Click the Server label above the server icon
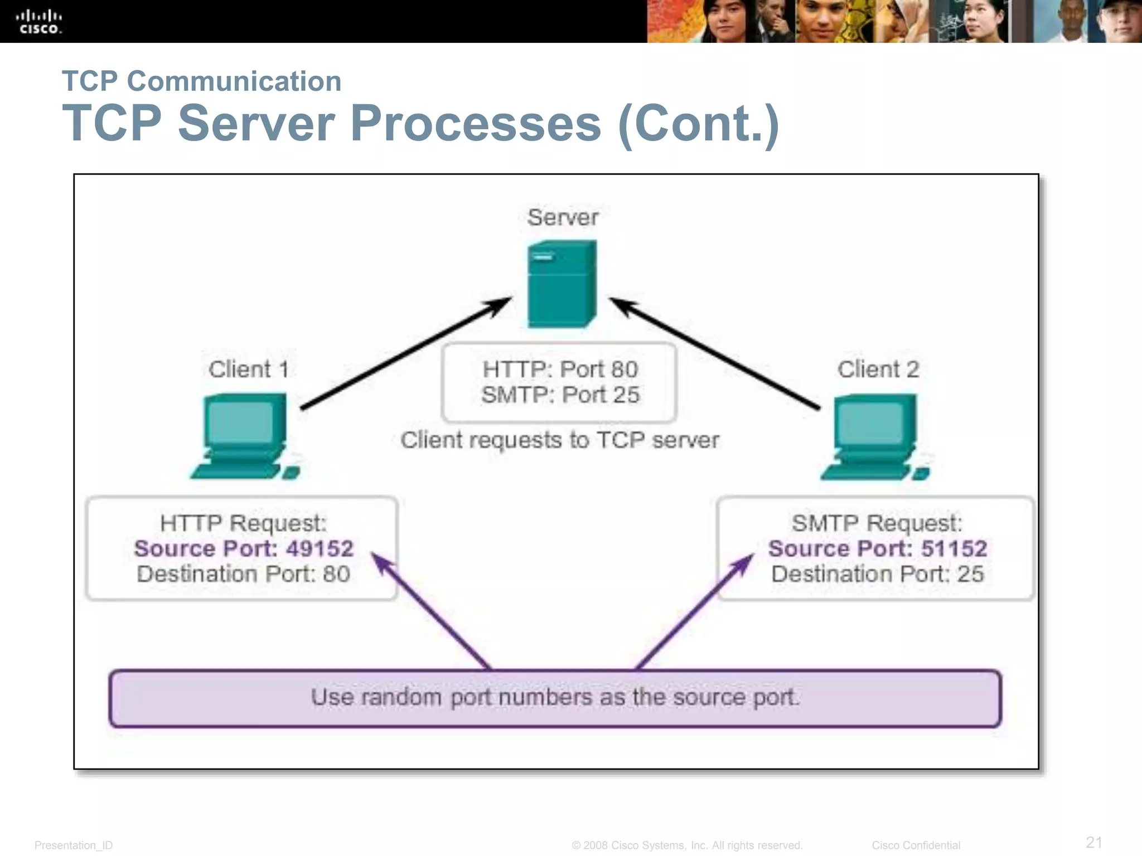pyautogui.click(x=563, y=217)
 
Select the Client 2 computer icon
pyautogui.click(x=875, y=437)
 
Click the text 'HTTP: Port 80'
pyautogui.click(x=560, y=369)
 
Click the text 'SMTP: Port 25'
pyautogui.click(x=560, y=395)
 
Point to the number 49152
pyautogui.click(x=320, y=549)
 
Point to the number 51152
pyautogui.click(x=954, y=549)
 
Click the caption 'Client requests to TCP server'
pyautogui.click(x=560, y=440)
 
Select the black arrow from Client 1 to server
pyautogui.click(x=406, y=354)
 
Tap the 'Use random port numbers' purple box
pyautogui.click(x=555, y=698)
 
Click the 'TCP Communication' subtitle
pyautogui.click(x=201, y=81)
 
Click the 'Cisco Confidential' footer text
pyautogui.click(x=916, y=845)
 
